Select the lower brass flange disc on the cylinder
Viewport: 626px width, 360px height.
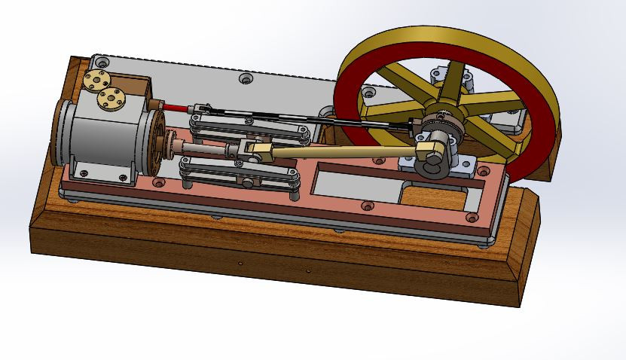point(112,97)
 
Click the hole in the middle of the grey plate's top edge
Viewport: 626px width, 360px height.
point(243,78)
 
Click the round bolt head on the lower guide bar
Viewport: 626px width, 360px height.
point(247,182)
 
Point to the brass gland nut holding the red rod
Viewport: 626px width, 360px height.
point(154,103)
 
